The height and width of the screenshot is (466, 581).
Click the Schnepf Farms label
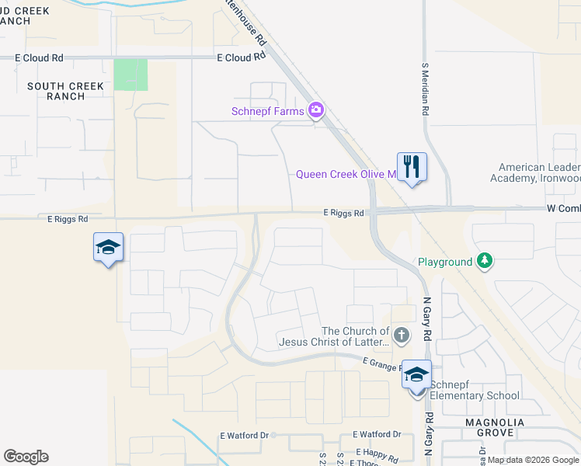pos(267,111)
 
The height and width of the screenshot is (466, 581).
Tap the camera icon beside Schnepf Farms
pos(316,110)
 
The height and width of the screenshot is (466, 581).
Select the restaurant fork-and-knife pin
pos(412,166)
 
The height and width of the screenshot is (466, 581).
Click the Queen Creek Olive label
pos(346,175)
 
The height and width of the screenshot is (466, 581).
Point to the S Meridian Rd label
pos(425,89)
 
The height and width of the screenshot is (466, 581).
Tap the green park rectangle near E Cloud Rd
pos(130,75)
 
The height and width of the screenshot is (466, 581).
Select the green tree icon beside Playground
pos(485,261)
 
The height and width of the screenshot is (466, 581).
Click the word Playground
pos(445,263)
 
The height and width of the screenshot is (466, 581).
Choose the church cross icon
pos(401,336)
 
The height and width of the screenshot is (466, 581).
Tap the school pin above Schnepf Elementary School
pos(416,374)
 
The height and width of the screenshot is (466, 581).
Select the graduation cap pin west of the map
pos(108,248)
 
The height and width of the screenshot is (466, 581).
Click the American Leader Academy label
pos(539,173)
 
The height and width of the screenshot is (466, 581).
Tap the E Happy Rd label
pos(377,451)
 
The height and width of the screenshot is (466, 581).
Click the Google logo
pos(26,457)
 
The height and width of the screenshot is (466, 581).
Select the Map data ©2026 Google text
pos(533,460)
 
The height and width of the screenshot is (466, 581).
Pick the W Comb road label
pos(563,209)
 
